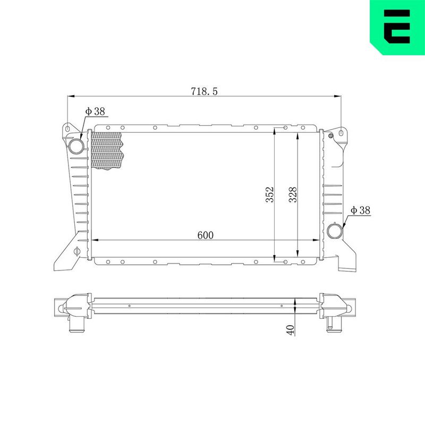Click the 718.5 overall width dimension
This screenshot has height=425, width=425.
tap(204, 91)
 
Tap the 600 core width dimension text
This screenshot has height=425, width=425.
tap(205, 235)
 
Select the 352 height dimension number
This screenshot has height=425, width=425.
tap(270, 194)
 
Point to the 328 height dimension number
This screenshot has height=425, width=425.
tap(293, 194)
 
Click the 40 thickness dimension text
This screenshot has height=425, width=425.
tap(290, 329)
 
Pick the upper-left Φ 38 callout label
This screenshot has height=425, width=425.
tap(95, 111)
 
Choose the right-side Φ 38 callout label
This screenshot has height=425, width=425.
tap(360, 210)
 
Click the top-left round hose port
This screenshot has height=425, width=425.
tap(76, 147)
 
